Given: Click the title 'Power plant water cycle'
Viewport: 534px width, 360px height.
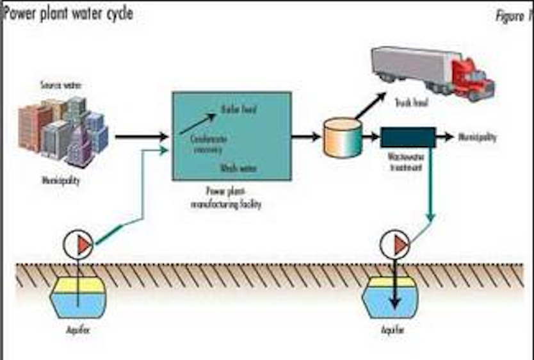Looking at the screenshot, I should [x=69, y=13].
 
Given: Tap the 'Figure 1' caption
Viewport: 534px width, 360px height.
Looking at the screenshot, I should [x=513, y=16].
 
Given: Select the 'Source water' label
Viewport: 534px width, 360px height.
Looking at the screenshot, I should [x=61, y=85].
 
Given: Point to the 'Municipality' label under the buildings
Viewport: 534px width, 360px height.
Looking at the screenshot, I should [x=61, y=181].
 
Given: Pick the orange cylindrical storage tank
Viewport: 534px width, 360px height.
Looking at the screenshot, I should [x=343, y=138].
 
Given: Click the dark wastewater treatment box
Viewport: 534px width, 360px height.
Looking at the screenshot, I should [x=408, y=137].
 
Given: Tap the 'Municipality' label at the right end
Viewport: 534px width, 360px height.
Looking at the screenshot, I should [x=477, y=138].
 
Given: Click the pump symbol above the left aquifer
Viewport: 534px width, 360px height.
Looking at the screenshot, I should [x=78, y=243].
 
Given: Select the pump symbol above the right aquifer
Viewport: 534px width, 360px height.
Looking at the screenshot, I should [x=394, y=244].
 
